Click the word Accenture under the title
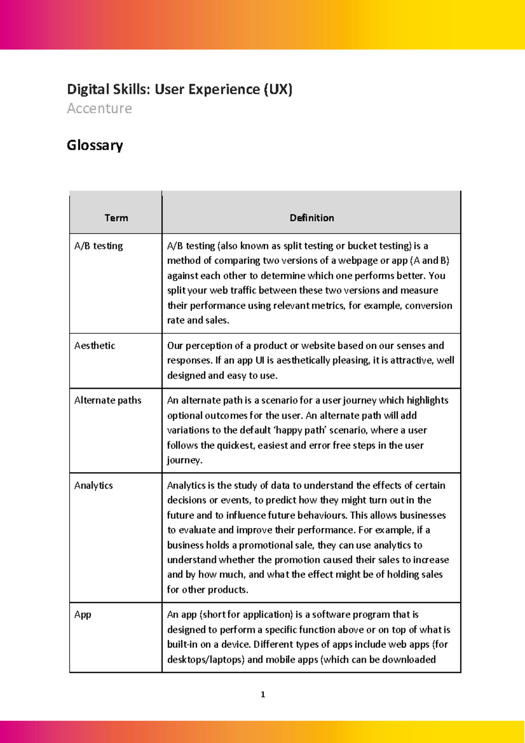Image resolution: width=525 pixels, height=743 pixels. (99, 108)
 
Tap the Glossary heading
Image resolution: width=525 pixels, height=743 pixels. (94, 145)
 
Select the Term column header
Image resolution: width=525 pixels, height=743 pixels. (116, 218)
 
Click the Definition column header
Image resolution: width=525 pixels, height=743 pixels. (311, 218)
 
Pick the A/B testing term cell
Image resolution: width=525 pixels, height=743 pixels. (98, 246)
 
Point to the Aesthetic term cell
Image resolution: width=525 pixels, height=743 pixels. (94, 346)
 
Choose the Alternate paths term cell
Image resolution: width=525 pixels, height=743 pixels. (108, 400)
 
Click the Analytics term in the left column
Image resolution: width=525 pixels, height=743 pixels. (93, 485)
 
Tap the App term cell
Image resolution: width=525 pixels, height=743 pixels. (83, 614)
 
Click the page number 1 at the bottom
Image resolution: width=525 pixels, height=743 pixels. (262, 694)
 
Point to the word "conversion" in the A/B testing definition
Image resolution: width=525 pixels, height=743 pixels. (428, 305)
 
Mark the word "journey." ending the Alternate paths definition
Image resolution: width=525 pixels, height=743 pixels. (185, 460)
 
